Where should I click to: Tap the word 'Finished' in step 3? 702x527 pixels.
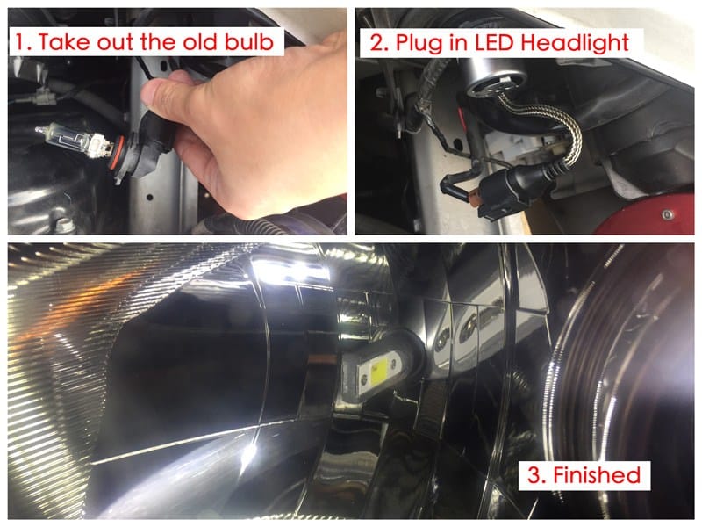click(x=598, y=475)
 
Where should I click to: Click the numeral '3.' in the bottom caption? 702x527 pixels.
click(x=537, y=475)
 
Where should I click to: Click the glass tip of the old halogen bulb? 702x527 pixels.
click(x=39, y=130)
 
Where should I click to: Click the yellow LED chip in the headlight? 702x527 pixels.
click(x=378, y=375)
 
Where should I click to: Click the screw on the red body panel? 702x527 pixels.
click(x=668, y=214)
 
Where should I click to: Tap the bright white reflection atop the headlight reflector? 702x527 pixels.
click(x=291, y=270)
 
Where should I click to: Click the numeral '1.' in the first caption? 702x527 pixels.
click(x=23, y=42)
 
